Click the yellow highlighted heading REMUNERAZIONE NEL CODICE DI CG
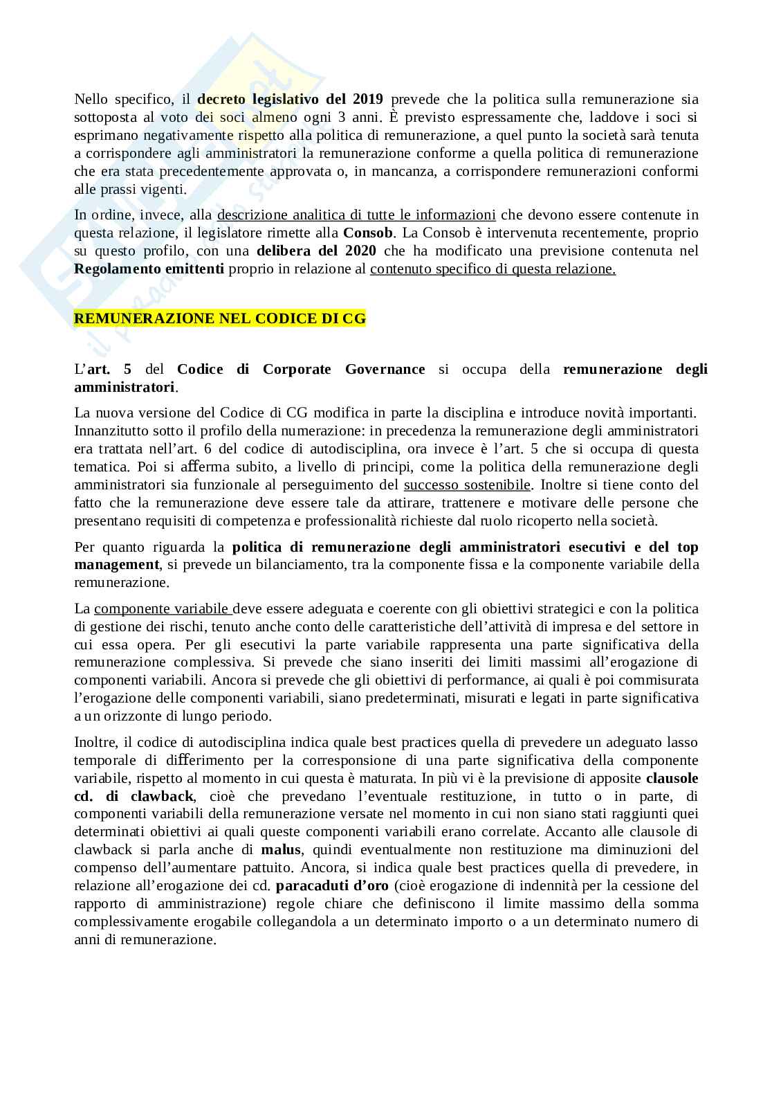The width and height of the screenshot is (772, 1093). click(x=219, y=318)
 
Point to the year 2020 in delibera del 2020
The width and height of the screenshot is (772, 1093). click(x=360, y=251)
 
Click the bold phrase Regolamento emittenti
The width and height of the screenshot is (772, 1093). click(x=149, y=269)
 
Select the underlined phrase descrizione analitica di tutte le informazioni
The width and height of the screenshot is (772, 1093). click(x=356, y=215)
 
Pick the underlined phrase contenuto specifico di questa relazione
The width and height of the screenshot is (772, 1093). click(x=493, y=269)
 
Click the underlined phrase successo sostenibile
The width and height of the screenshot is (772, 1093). click(x=467, y=485)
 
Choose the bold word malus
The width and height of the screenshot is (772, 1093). click(x=277, y=849)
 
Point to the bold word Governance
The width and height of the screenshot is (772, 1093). click(x=385, y=369)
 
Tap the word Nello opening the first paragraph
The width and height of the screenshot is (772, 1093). click(x=91, y=99)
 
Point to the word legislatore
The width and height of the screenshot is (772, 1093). click(x=218, y=233)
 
